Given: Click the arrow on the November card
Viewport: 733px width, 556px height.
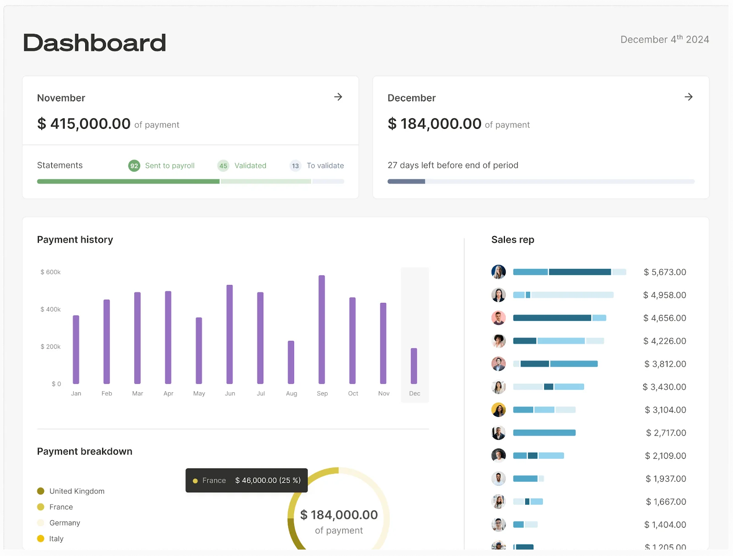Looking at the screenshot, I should click(x=338, y=97).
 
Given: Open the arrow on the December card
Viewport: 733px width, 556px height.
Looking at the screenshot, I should click(x=688, y=97).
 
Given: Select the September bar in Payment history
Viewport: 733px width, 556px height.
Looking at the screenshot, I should click(x=322, y=329).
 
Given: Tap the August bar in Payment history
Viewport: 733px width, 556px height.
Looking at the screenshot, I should click(x=291, y=362).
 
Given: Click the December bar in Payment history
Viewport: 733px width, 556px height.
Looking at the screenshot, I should click(x=414, y=366).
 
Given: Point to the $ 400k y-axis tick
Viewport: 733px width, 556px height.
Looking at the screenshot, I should click(x=50, y=309).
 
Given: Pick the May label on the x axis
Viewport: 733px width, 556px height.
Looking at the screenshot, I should click(x=199, y=394).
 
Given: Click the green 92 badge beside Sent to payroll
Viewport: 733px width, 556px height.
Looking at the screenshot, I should click(x=134, y=166).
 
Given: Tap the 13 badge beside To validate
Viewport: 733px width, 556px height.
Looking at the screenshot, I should click(x=295, y=166).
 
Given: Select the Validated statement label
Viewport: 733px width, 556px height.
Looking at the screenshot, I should click(x=250, y=166).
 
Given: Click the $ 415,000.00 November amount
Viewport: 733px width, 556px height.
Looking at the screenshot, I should click(x=84, y=123).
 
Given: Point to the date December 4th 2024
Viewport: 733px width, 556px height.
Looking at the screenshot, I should click(x=664, y=39).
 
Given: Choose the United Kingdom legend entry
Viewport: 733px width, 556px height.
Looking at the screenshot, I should click(x=77, y=491).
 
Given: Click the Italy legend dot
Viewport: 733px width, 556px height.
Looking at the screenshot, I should click(x=41, y=539).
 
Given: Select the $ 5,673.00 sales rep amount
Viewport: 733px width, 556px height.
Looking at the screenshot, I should click(x=665, y=272).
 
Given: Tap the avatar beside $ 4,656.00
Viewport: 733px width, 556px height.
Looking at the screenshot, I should click(x=498, y=317).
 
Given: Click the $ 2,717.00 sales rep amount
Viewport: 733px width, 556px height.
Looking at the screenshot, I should click(x=666, y=433).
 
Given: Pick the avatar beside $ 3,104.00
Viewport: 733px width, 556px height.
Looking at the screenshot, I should click(x=498, y=409).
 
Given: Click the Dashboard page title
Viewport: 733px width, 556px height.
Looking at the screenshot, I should click(x=94, y=43).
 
